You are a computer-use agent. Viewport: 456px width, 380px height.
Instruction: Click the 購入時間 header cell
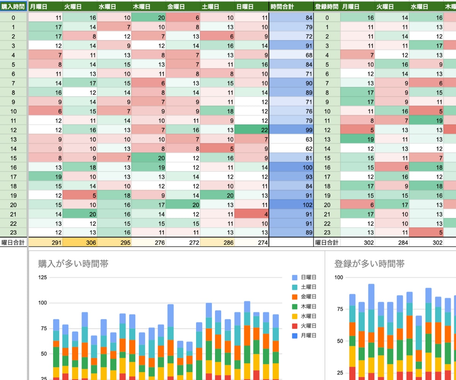click(13, 6)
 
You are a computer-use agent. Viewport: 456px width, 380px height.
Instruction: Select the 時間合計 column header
click(291, 6)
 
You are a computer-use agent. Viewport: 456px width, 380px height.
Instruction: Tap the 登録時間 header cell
click(327, 6)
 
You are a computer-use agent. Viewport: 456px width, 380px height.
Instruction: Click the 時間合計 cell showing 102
click(291, 205)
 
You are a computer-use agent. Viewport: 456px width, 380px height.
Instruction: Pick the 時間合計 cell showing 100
click(291, 168)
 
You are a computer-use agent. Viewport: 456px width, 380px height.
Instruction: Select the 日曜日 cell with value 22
click(252, 130)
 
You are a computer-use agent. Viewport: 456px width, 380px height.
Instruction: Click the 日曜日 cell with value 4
click(252, 214)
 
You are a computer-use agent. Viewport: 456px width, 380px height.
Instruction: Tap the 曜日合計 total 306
click(80, 242)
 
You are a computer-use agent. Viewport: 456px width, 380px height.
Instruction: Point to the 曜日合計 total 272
click(183, 242)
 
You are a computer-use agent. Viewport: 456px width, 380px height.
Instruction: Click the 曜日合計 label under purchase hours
click(13, 242)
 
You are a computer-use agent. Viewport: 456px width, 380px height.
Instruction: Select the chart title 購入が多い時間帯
click(73, 264)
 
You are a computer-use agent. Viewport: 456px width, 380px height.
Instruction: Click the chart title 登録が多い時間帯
click(369, 264)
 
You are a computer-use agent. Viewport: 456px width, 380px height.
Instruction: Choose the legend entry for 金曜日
click(304, 296)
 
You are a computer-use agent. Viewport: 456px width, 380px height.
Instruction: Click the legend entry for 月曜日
click(304, 336)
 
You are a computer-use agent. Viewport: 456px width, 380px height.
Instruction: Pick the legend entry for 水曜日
click(304, 316)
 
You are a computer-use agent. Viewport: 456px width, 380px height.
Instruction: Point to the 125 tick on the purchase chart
click(43, 277)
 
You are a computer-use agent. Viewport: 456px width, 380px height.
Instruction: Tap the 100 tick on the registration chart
click(339, 277)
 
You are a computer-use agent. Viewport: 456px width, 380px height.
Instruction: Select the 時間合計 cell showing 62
click(291, 149)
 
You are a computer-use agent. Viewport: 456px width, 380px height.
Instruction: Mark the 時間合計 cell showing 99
click(291, 130)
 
